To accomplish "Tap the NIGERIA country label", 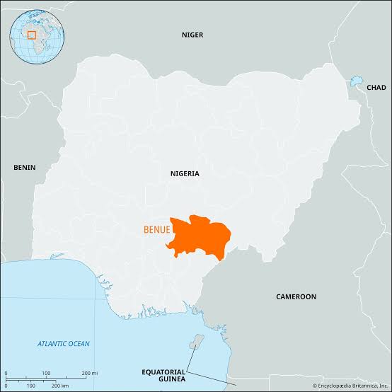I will tap(185, 173).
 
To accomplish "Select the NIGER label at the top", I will tap(192, 34).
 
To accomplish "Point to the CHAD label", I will tap(376, 87).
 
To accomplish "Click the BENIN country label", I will tap(24, 168).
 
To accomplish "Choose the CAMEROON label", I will tap(296, 296).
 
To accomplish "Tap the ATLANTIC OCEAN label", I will tap(64, 343).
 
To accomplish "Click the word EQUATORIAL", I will tap(163, 371).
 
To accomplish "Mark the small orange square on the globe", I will tap(31, 33).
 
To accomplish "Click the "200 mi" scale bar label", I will tap(88, 373).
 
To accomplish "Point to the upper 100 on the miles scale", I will tap(46, 373).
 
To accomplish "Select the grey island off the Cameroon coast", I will tap(197, 342).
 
